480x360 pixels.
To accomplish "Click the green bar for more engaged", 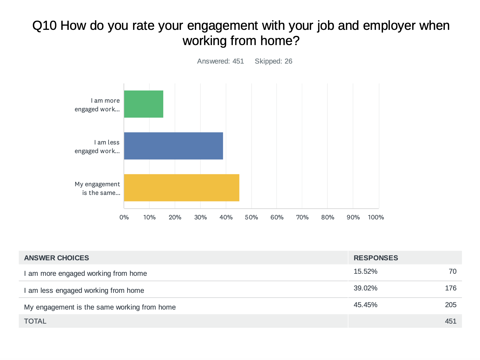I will [x=144, y=104].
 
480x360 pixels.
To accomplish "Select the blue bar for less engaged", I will [x=173, y=146].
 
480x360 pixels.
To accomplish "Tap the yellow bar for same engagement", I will [x=181, y=187].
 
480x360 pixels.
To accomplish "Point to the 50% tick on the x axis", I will [x=251, y=217].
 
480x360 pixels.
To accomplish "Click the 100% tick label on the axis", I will [x=376, y=217].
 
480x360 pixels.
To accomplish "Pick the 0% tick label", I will [x=124, y=217].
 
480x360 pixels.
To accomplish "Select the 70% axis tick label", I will [x=302, y=217].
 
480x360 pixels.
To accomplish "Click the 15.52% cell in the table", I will [x=365, y=271].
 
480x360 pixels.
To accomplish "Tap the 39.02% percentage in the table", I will [x=365, y=288].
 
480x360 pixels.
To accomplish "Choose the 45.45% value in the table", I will [x=365, y=305].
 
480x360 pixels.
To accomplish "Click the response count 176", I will [x=450, y=288].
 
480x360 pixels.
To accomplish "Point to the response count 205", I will [x=450, y=305].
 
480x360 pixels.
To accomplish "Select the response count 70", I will [x=453, y=271].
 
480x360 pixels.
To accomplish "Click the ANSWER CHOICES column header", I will [x=56, y=258].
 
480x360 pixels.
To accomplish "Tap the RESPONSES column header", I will [x=376, y=258].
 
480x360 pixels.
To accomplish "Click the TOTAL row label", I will [x=35, y=321].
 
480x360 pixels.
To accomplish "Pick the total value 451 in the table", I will [x=450, y=321].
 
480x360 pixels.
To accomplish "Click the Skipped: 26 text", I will [x=273, y=61].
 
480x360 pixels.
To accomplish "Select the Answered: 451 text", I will [x=220, y=61].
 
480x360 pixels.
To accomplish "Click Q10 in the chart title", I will [x=44, y=26].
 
